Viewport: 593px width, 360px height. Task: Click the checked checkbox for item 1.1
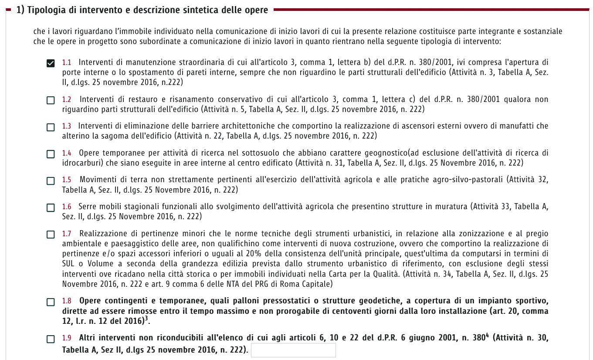[51, 63]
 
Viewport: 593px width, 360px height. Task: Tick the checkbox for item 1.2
[51, 100]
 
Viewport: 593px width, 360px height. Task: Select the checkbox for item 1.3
[51, 127]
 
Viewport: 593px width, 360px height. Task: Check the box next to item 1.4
[51, 154]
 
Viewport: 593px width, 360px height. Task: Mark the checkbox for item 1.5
[51, 181]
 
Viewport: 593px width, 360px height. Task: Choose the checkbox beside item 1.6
[51, 207]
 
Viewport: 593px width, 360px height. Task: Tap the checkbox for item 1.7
[51, 234]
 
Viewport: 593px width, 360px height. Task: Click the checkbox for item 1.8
[51, 302]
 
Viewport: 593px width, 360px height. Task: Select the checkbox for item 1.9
[51, 339]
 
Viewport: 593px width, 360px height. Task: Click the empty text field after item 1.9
[293, 350]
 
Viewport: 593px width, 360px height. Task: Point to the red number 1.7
[67, 234]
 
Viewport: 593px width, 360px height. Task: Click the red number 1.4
[67, 153]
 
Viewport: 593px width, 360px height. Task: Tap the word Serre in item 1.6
[87, 207]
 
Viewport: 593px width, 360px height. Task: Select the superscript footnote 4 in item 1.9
[487, 336]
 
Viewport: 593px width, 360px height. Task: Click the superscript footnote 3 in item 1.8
[146, 319]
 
